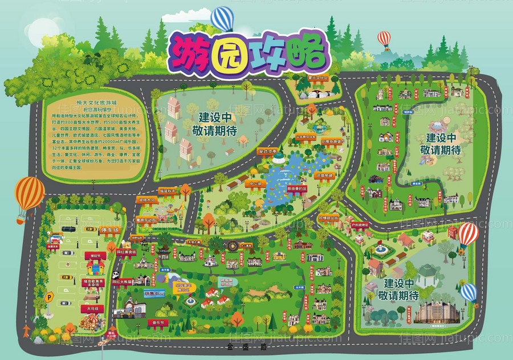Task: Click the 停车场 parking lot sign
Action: click(110, 230)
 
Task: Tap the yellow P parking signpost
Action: click(50, 297)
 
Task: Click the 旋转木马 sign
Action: click(146, 200)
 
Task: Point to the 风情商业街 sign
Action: click(328, 218)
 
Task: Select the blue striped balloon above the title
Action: click(222, 18)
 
